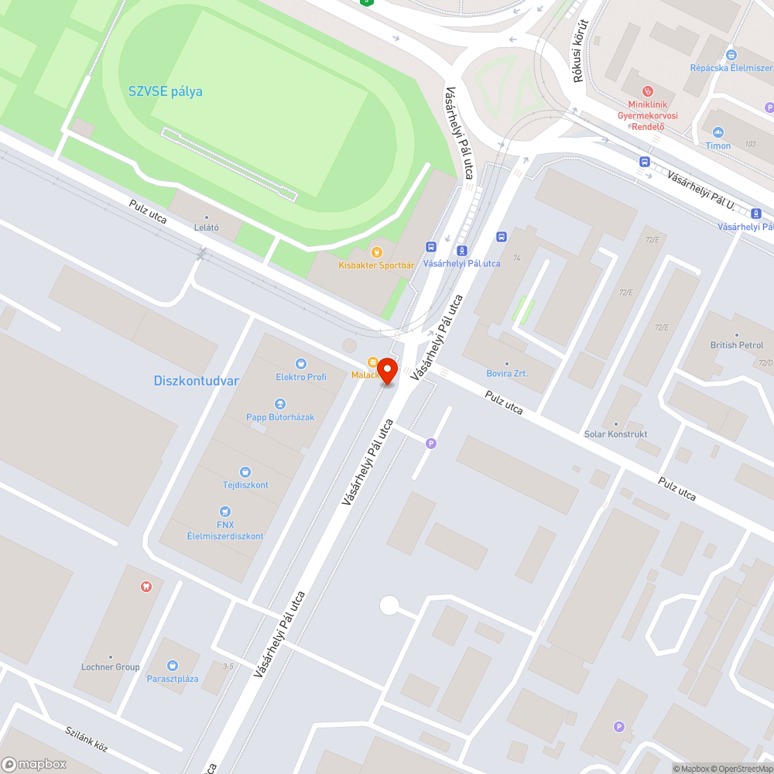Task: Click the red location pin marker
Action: [x=387, y=371]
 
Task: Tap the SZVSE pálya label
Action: [x=166, y=91]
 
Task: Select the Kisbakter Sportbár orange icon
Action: [x=377, y=252]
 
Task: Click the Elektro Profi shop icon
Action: [x=301, y=363]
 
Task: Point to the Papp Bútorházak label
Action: [x=280, y=417]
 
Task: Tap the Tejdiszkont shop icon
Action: [x=245, y=471]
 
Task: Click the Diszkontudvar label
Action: [x=197, y=381]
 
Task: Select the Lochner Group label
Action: [x=111, y=667]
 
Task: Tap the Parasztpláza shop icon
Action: [x=173, y=665]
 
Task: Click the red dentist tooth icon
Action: [x=145, y=586]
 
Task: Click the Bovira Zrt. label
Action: [x=507, y=373]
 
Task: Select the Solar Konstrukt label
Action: [x=616, y=434]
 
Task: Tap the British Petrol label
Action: [x=737, y=345]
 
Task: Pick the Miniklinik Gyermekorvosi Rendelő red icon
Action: [x=648, y=91]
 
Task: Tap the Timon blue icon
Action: [x=717, y=132]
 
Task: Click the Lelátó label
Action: [x=206, y=228]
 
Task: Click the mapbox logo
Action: [x=34, y=764]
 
